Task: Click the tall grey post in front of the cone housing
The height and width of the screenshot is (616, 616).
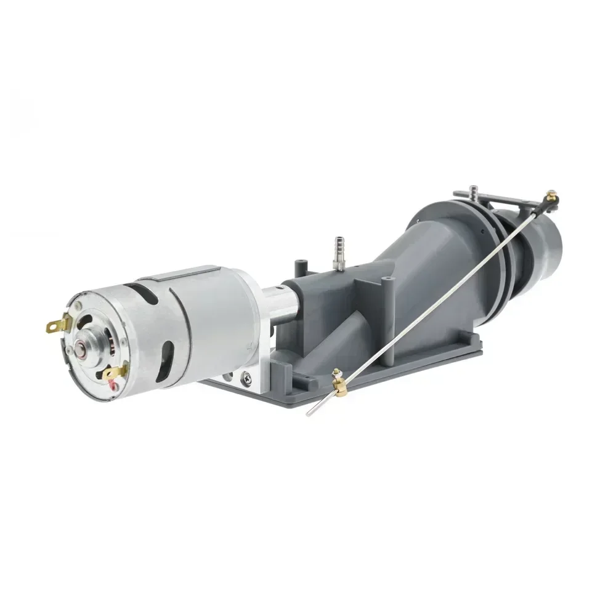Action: click(386, 290)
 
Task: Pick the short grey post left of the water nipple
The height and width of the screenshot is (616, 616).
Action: click(300, 269)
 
